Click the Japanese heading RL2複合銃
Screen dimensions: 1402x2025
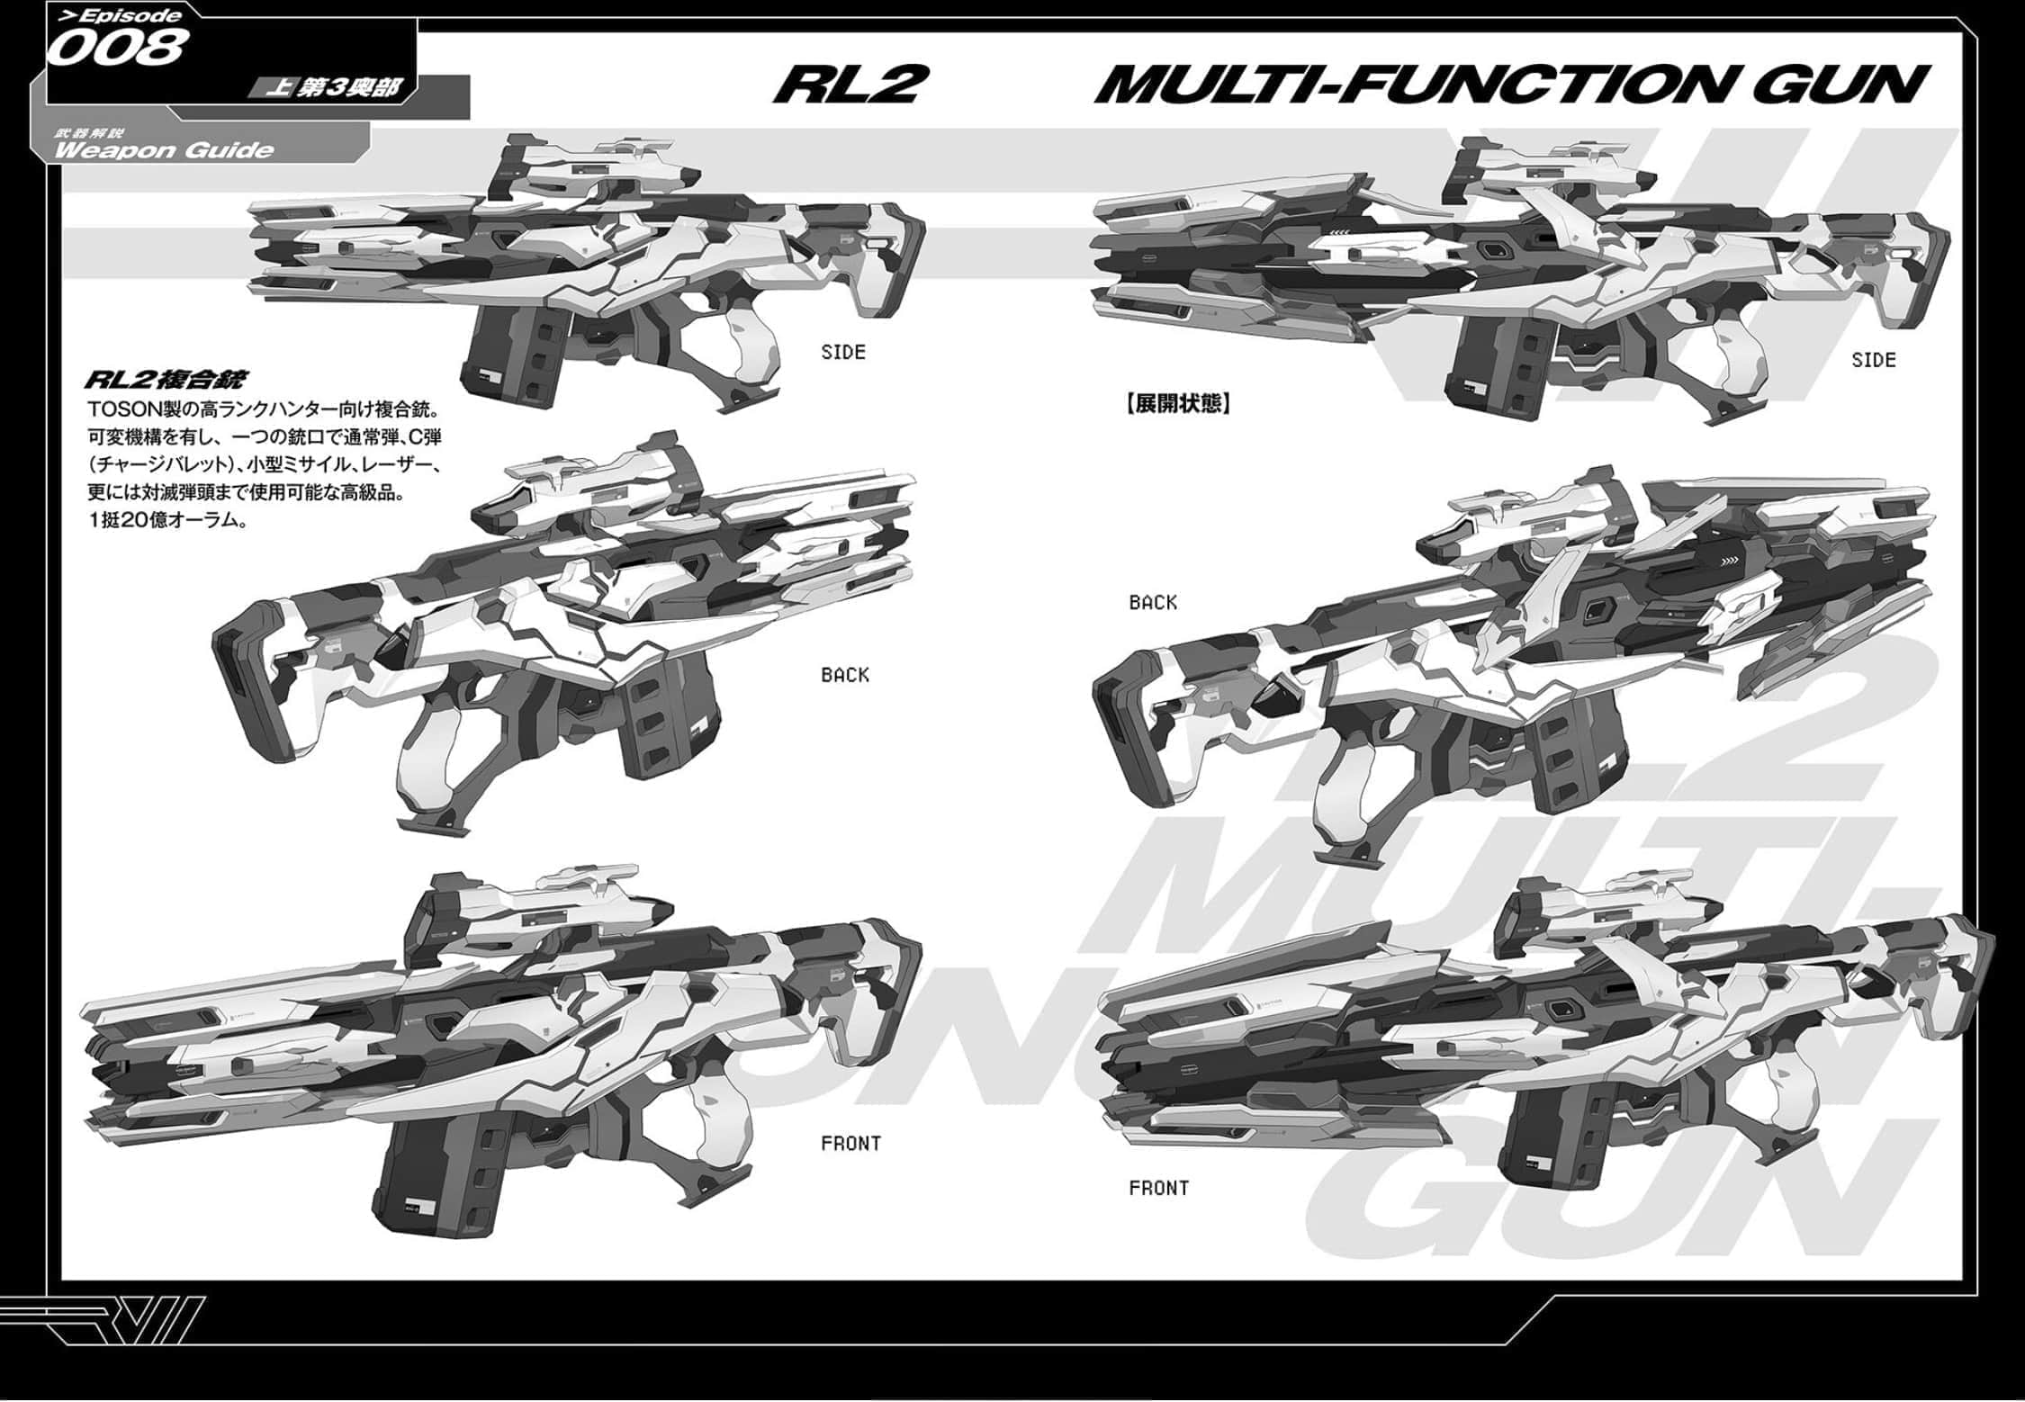(166, 380)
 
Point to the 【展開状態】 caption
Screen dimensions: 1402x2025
(1176, 403)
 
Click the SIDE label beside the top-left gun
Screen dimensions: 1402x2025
(843, 353)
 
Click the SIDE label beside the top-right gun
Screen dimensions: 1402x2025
(1874, 361)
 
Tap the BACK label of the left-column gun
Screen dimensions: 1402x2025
(845, 675)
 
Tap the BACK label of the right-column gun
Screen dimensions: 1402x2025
(1153, 603)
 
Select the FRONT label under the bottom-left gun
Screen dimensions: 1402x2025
(850, 1144)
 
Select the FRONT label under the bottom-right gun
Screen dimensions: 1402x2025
(1158, 1189)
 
